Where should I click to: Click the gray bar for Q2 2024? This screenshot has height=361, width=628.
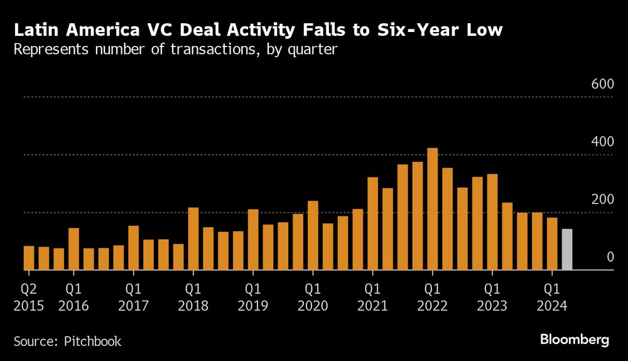coord(567,250)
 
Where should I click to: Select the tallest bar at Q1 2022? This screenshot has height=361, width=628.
coord(432,209)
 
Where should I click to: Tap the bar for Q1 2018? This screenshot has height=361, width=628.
coord(193,239)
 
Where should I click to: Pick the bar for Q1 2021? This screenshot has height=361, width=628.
coord(372,224)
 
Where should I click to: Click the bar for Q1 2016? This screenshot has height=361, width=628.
coord(73,249)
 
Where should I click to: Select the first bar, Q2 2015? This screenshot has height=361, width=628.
coord(29,258)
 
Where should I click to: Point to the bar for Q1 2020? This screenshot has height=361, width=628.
coord(313,235)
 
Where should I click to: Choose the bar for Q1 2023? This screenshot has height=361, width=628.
coord(492,222)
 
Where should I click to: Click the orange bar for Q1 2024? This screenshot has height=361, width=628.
coord(552,244)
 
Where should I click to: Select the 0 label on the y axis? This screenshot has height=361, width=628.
coord(610,257)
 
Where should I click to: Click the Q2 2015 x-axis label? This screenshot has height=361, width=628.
coord(29,298)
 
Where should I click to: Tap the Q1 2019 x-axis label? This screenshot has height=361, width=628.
coord(253,298)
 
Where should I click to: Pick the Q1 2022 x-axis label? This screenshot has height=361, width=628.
coord(432,298)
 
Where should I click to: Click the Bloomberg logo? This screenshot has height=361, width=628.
coord(575,340)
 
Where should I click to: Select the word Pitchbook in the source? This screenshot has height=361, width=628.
coord(92,342)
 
